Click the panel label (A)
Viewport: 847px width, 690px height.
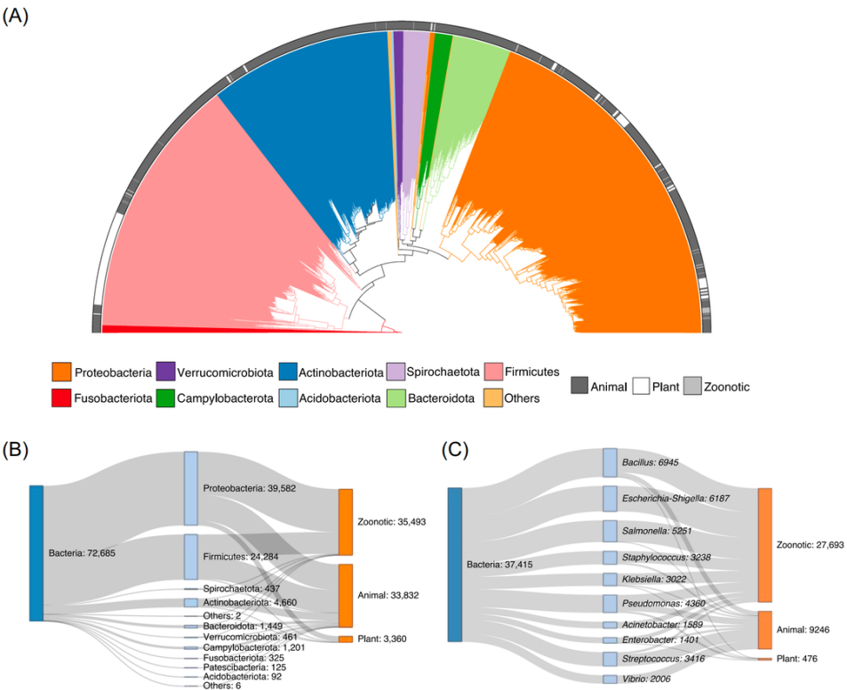coord(17,16)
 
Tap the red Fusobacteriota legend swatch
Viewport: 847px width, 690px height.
coord(60,397)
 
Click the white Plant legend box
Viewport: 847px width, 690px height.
coord(641,386)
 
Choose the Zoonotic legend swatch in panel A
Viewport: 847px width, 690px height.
coord(691,386)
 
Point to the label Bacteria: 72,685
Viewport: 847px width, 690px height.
coord(81,553)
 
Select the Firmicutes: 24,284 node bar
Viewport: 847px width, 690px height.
coord(191,557)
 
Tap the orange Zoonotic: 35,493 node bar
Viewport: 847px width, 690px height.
coord(345,521)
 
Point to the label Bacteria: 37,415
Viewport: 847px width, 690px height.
coord(502,564)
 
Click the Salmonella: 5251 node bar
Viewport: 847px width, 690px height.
coord(610,530)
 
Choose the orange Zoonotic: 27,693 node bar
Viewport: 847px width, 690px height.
coord(764,544)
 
